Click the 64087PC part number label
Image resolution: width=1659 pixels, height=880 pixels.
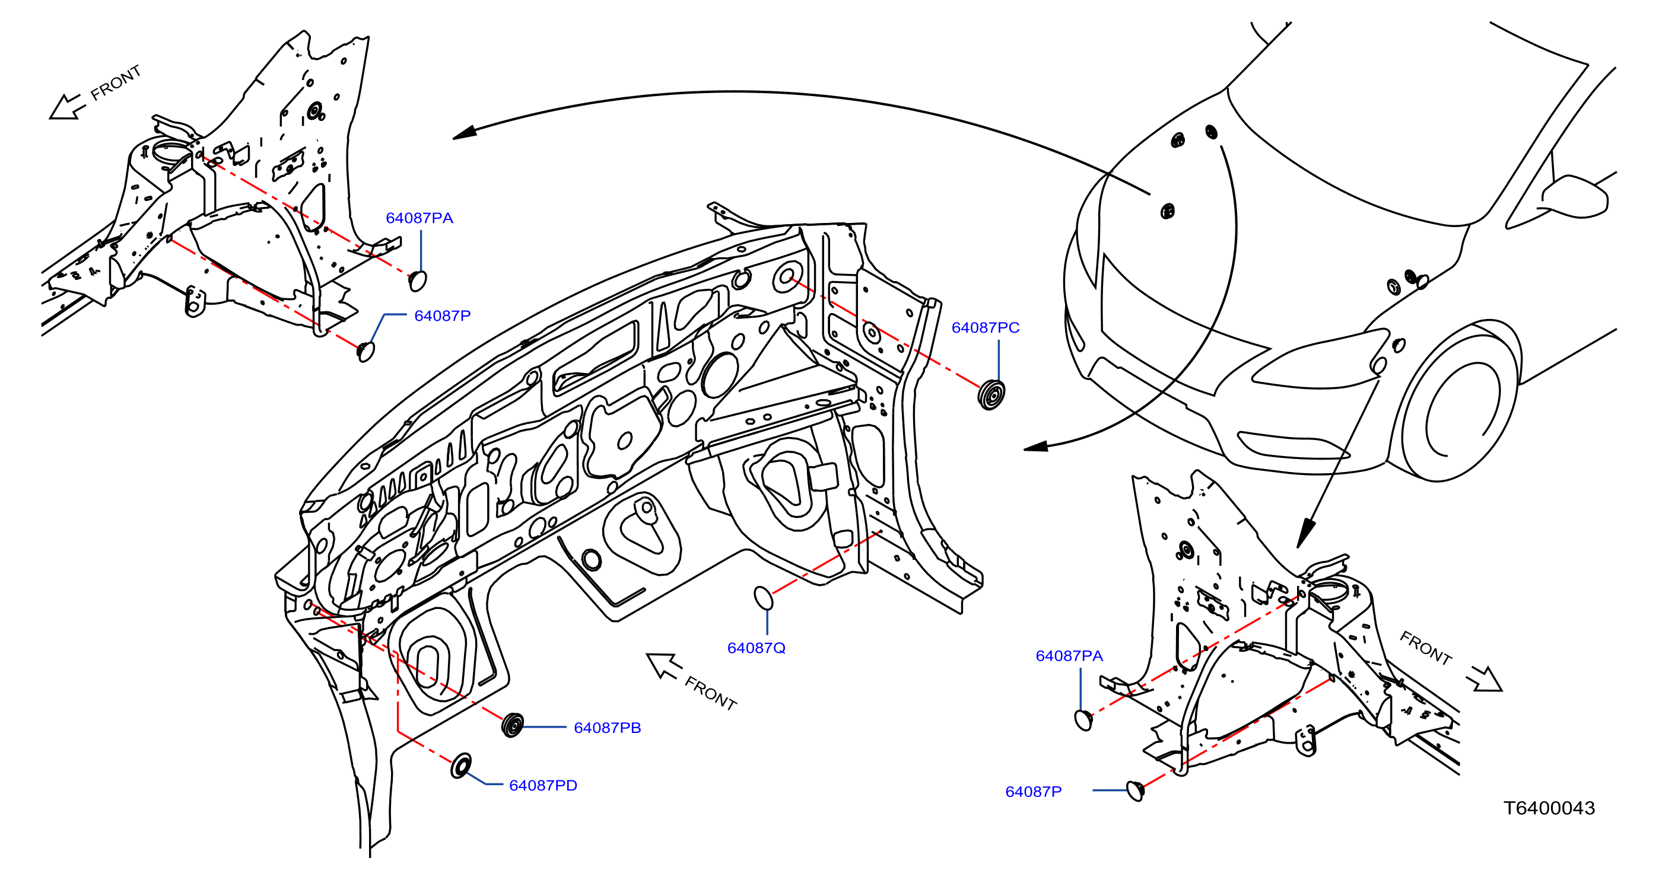pos(986,328)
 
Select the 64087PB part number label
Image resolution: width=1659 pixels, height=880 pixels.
pos(608,728)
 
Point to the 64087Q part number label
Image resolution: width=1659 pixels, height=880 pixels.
pos(756,648)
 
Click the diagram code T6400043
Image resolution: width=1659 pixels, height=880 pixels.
pos(1549,808)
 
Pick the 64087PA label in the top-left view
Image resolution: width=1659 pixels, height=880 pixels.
pos(419,218)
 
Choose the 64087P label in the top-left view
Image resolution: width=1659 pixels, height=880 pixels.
pos(443,316)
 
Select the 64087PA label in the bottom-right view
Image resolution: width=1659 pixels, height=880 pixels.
pos(1069,656)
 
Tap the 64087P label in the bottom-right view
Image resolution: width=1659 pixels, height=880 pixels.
pos(1034,792)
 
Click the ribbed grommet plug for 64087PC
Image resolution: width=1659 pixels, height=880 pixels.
pos(991,394)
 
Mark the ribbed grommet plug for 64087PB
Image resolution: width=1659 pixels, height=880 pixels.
pos(513,725)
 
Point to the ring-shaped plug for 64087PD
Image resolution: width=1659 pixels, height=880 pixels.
pos(461,766)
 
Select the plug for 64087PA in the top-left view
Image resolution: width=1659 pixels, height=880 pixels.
pos(418,281)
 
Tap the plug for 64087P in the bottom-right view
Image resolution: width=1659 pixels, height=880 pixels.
pos(1136,790)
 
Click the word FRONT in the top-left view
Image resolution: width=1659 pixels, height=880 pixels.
pos(115,82)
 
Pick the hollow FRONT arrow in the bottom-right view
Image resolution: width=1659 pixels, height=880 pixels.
pos(1485,679)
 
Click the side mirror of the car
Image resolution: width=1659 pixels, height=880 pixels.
pos(1575,196)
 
